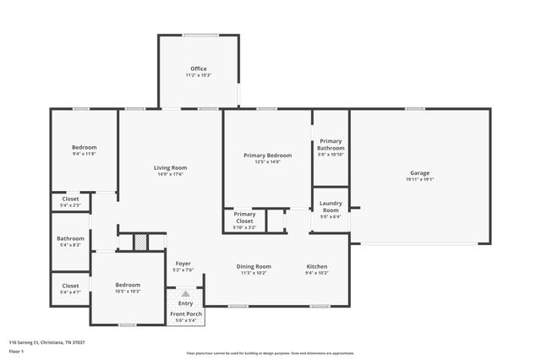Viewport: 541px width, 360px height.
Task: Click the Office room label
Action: pos(198,68)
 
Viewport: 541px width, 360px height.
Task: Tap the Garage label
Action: pos(419,172)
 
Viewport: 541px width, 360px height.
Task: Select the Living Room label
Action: pos(170,167)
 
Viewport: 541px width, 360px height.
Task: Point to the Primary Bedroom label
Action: pos(267,155)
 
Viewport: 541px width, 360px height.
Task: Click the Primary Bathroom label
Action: pos(331,145)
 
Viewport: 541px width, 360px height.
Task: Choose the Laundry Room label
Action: pos(331,206)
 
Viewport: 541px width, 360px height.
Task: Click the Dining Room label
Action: pos(253,266)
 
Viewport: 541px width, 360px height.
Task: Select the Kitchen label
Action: pos(316,266)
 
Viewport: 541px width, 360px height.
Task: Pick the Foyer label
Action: pos(183,263)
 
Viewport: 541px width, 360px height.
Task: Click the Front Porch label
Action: pos(185,314)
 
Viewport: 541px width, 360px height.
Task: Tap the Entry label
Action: pos(185,303)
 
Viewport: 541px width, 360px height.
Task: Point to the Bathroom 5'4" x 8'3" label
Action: pos(70,238)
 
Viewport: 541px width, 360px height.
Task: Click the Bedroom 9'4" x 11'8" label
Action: pos(84,147)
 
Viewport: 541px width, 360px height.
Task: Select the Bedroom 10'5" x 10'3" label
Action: pos(128,285)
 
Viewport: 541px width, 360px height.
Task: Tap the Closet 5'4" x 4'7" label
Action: pos(70,286)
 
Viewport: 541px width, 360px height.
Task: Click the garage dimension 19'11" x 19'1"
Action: pos(419,179)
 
